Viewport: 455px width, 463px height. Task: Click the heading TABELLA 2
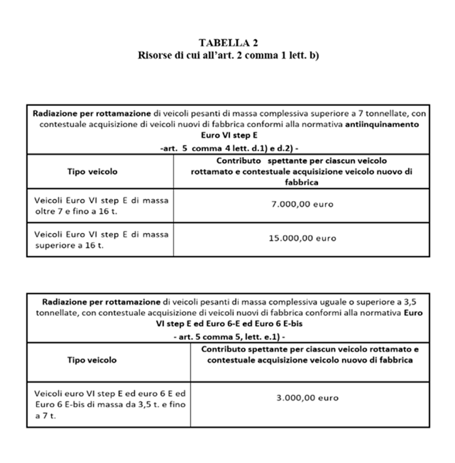pyautogui.click(x=228, y=44)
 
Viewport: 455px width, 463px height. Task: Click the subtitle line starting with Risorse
pyautogui.click(x=228, y=55)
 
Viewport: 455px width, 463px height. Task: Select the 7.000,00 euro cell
pyautogui.click(x=302, y=205)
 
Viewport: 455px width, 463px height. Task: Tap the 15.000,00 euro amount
pyautogui.click(x=302, y=239)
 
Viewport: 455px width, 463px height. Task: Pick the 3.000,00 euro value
pyautogui.click(x=307, y=398)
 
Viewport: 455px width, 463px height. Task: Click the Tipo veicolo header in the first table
pyautogui.click(x=92, y=171)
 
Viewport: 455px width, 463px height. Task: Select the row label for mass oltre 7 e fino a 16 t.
pyautogui.click(x=101, y=205)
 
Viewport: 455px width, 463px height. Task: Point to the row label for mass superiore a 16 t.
pyautogui.click(x=101, y=239)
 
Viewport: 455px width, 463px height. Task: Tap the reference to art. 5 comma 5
pyautogui.click(x=227, y=334)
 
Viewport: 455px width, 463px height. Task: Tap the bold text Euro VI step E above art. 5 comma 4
pyautogui.click(x=227, y=135)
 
